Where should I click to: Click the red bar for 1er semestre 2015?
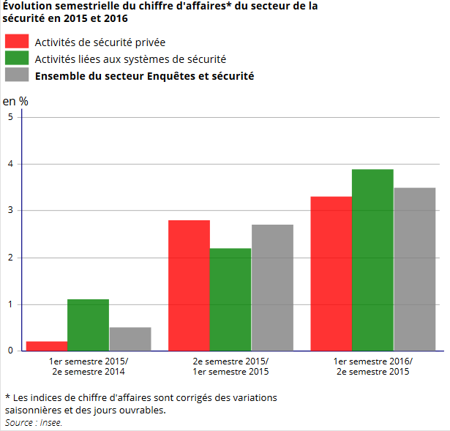tap(47, 346)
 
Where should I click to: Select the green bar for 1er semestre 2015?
tap(89, 325)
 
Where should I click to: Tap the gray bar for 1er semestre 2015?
tap(130, 339)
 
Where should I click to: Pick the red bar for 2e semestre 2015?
tap(189, 285)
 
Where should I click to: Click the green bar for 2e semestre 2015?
tap(230, 299)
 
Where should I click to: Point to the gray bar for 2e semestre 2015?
tap(272, 288)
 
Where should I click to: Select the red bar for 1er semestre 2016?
tap(331, 274)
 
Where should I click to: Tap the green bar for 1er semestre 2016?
tap(372, 260)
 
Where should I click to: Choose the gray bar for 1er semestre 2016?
tap(414, 269)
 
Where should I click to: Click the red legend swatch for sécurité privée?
tap(17, 41)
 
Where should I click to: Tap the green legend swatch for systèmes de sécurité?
tap(17, 58)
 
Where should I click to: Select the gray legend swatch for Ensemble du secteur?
tap(17, 75)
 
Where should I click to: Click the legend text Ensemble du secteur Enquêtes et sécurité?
tap(144, 75)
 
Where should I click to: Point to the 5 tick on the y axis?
tap(10, 117)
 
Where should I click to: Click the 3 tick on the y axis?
tap(10, 211)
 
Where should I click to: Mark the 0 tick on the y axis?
tap(10, 351)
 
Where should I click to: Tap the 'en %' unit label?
tap(15, 101)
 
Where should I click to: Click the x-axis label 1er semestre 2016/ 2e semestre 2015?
tap(372, 367)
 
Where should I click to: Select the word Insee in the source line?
tap(50, 422)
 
